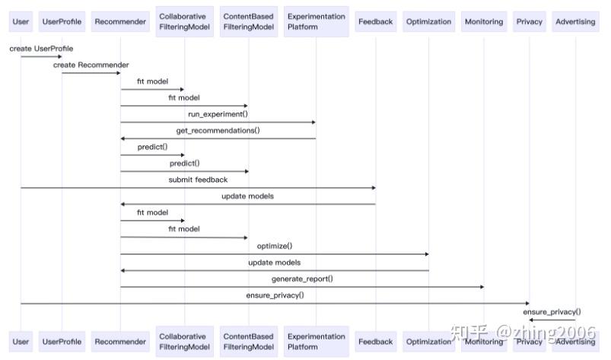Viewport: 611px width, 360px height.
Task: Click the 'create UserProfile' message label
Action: point(41,49)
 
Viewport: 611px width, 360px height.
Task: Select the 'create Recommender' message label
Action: point(91,65)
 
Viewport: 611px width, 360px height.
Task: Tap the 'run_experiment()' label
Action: point(218,114)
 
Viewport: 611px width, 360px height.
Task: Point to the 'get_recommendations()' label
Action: point(218,130)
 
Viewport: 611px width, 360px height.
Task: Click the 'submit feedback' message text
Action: point(198,180)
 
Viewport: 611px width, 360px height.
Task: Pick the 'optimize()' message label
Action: point(274,246)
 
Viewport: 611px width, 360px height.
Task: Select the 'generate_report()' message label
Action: point(301,279)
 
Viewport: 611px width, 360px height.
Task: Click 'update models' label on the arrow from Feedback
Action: point(247,196)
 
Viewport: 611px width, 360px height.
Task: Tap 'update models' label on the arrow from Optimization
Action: point(274,263)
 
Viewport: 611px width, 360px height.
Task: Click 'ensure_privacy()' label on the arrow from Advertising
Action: point(552,311)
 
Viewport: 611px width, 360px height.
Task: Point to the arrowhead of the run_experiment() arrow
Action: point(313,122)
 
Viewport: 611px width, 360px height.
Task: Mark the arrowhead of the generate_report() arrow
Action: point(481,287)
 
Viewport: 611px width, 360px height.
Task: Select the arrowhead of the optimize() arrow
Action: point(426,254)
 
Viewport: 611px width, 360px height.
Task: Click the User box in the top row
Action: point(21,21)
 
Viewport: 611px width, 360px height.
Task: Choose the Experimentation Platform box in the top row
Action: point(316,21)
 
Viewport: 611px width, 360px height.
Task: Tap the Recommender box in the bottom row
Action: point(120,342)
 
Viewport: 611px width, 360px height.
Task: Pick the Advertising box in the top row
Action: point(575,21)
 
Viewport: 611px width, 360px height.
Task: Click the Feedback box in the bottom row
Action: point(375,342)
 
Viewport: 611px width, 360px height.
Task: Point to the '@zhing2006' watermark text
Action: point(546,333)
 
